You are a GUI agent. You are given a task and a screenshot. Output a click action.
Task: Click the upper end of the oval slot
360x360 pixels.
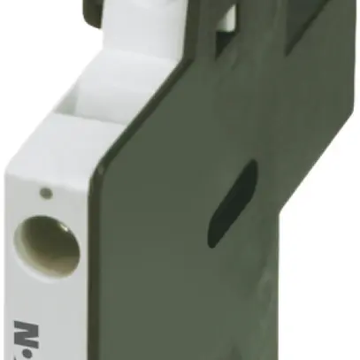[x=250, y=167]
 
